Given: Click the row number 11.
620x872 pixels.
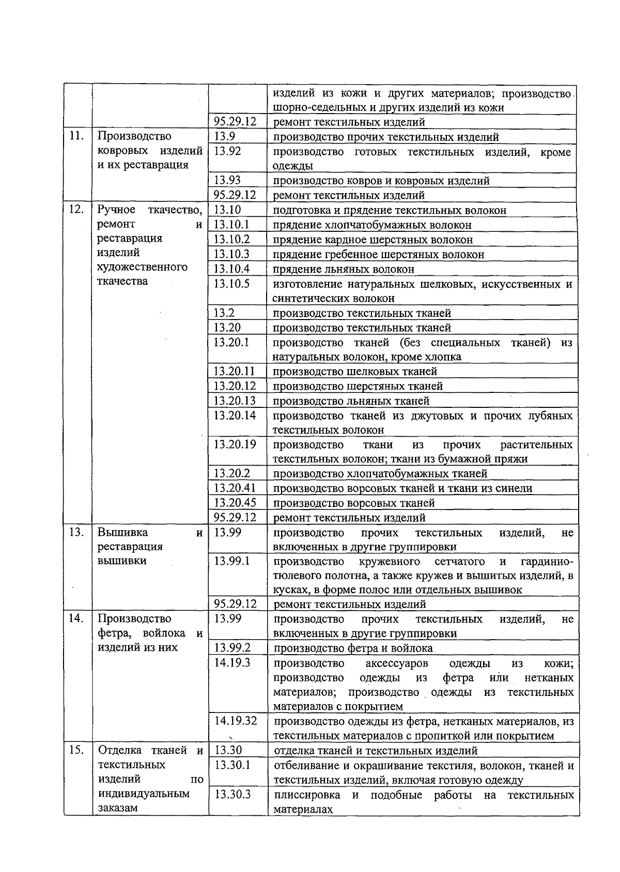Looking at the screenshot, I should point(76,136).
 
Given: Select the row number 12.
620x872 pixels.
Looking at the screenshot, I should point(76,210).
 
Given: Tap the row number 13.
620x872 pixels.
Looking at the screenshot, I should point(76,532).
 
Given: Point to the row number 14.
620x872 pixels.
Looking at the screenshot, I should point(76,619).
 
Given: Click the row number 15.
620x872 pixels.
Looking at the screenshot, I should point(76,750).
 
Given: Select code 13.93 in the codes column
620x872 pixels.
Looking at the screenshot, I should point(228,180).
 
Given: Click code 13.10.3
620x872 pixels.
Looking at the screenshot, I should point(232,254).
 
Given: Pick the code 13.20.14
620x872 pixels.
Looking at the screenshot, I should point(235,415).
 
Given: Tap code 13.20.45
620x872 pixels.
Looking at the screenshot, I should point(235,502).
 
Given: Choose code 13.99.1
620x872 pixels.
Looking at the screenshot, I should point(232,561).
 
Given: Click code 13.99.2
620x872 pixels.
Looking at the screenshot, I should point(232,647).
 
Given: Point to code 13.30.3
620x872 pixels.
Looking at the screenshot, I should point(232,794).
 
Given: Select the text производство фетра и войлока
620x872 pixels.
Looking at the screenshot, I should point(353,648).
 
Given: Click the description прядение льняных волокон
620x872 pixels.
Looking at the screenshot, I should point(344,269).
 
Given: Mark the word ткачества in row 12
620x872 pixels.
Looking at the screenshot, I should point(122,281).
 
